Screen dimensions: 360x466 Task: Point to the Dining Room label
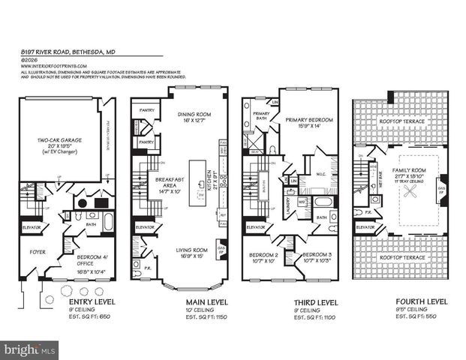[179, 118]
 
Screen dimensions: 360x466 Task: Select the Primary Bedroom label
[308, 122]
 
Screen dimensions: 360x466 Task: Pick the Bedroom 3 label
[317, 258]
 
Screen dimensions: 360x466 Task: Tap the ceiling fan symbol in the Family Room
[412, 192]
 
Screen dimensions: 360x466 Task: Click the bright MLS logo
[29, 349]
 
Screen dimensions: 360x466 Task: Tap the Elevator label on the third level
[256, 226]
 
